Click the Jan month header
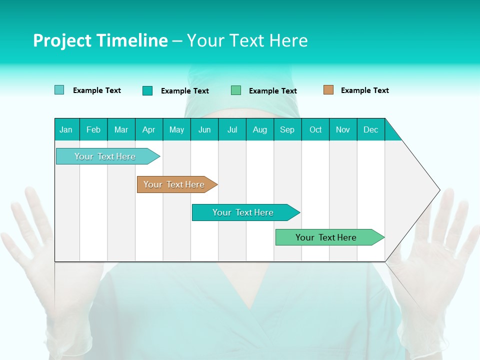coord(66,129)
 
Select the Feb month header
coord(93,129)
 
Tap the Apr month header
coord(148,129)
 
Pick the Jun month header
coord(204,129)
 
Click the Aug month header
coord(259,129)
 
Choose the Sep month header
coord(287,129)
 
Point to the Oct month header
coord(315,129)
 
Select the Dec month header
coord(370,129)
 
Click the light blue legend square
coord(59,90)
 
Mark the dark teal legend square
coord(147,90)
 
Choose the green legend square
coord(236,90)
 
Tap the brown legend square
coord(328,90)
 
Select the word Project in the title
coord(61,40)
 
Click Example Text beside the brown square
coord(364,90)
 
